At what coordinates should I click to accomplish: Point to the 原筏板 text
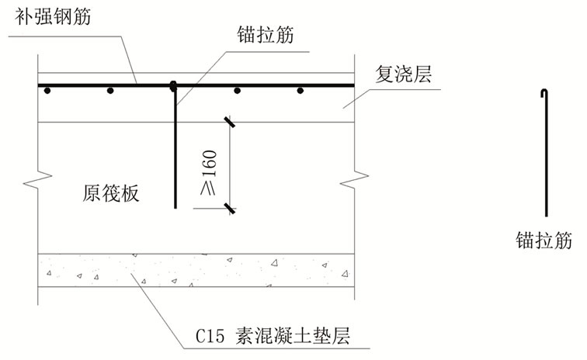(x=111, y=194)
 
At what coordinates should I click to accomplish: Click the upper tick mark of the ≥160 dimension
(x=230, y=122)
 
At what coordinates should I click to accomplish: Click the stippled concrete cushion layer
(x=194, y=268)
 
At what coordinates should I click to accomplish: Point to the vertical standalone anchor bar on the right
(x=547, y=155)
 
